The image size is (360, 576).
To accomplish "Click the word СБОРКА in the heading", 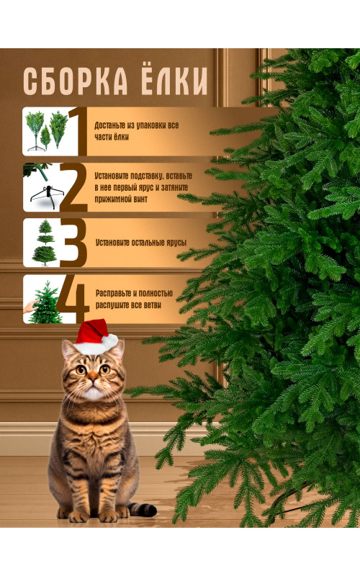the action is coord(76,81).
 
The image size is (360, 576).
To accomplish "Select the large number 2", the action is coord(73,188).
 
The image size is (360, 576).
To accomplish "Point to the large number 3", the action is coord(73,243).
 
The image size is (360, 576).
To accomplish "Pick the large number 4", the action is coord(73,300).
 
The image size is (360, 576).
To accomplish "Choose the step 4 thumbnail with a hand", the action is coord(41,300).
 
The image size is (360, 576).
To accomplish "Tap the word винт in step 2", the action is coord(140,199).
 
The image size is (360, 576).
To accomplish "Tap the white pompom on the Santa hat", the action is coord(109,341).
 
